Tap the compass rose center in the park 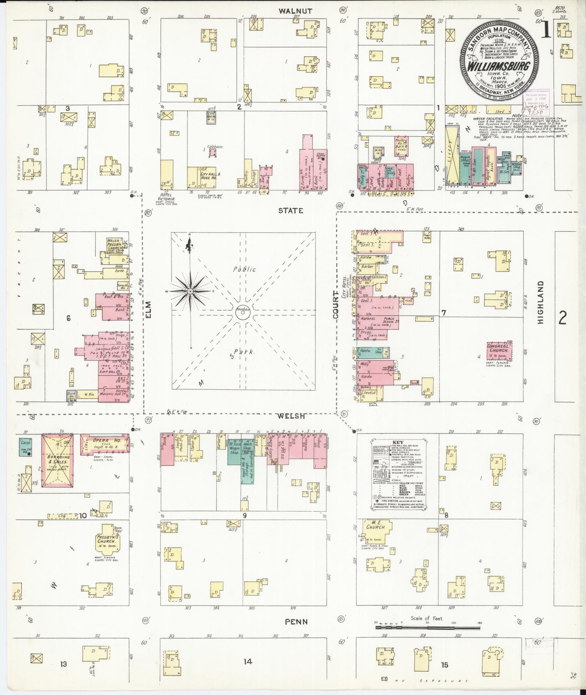pos(189,291)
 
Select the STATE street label pos(291,210)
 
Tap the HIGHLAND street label pos(541,303)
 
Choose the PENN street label pos(296,622)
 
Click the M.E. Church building pos(375,526)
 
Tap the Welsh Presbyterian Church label pos(115,244)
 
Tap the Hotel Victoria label pos(171,199)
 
